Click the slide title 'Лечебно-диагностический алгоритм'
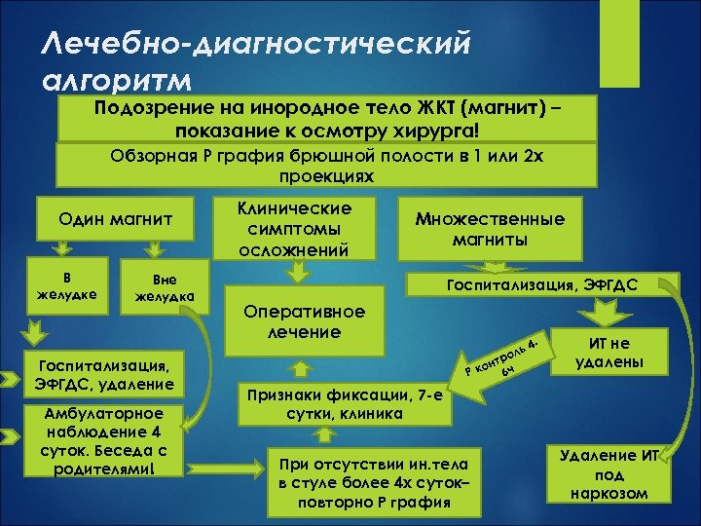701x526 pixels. click(257, 58)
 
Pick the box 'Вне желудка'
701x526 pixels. click(165, 286)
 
